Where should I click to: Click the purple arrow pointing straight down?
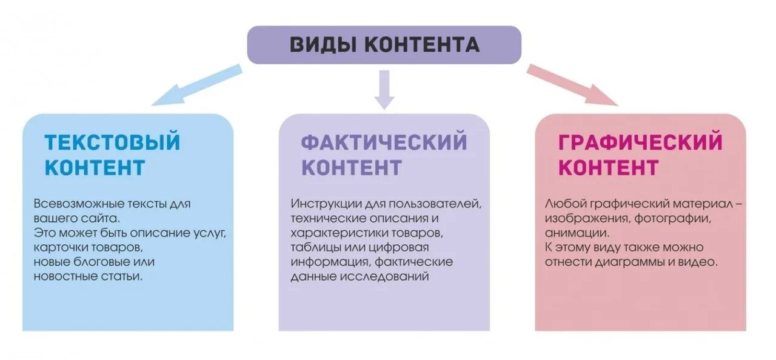click(384, 90)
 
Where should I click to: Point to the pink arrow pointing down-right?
click(571, 85)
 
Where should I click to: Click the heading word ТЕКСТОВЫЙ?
click(113, 142)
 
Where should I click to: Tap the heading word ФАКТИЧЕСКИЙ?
click(384, 142)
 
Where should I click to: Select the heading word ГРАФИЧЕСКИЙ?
click(640, 142)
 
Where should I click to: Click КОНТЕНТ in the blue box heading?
click(95, 167)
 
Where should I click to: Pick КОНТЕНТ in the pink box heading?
click(609, 167)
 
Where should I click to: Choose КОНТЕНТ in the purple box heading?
click(352, 167)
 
